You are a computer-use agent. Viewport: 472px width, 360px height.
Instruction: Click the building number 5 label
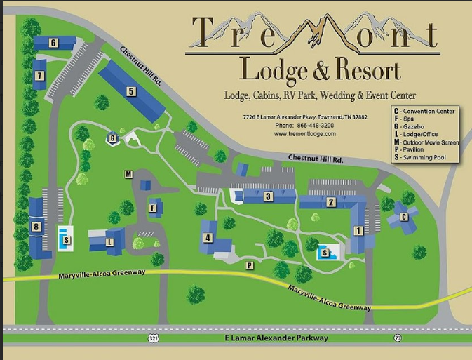pos(130,91)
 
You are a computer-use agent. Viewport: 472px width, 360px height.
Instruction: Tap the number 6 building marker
pos(53,43)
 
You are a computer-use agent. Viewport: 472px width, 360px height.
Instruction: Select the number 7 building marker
pos(40,75)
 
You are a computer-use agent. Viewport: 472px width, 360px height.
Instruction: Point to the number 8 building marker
pos(36,227)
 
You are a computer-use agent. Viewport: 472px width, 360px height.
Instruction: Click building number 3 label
pos(268,197)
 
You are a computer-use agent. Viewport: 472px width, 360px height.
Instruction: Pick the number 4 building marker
pos(208,238)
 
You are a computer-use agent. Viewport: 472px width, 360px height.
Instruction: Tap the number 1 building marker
pos(358,230)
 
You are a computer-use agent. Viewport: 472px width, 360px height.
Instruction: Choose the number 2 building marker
pos(330,202)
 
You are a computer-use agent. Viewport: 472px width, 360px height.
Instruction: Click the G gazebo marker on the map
pos(112,138)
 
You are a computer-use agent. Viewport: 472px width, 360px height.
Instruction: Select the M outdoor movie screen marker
pos(128,174)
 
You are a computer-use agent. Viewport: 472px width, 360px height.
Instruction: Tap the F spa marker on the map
pos(152,208)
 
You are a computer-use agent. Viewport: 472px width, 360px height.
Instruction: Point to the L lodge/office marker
pos(109,242)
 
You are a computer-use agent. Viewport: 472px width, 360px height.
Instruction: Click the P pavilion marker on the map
pos(249,265)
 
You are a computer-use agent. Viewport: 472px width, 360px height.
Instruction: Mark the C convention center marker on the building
pos(403,217)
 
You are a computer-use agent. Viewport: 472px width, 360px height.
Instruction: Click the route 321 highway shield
pos(153,338)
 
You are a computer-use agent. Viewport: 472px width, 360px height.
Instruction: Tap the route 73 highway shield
pos(398,338)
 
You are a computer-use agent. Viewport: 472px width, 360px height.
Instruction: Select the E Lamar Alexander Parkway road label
pos(276,338)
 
